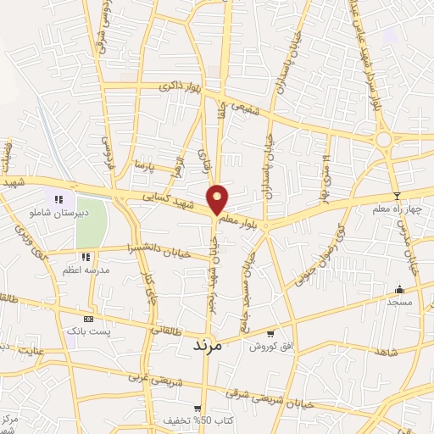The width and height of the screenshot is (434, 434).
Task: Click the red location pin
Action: [218, 199]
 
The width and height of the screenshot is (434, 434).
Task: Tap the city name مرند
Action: [207, 345]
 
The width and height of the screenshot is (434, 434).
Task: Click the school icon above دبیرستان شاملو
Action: [58, 200]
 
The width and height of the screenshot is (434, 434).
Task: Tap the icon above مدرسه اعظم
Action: [85, 257]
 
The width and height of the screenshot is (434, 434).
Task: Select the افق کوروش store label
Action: [270, 346]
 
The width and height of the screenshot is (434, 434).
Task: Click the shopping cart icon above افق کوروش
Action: [270, 333]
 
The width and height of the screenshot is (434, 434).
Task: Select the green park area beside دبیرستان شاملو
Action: [92, 222]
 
